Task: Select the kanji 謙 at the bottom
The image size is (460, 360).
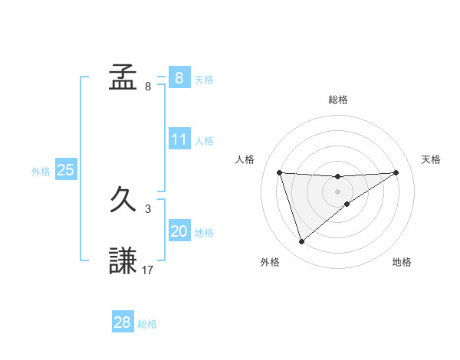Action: (123, 260)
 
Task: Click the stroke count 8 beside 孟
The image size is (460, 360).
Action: (148, 87)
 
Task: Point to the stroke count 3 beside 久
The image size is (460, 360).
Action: (148, 209)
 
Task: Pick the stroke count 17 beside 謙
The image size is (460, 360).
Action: (148, 270)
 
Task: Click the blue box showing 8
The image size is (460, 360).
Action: (179, 77)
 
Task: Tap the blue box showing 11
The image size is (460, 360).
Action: (179, 139)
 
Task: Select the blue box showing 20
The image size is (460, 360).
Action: (179, 231)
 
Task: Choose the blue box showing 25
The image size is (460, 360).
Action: (66, 170)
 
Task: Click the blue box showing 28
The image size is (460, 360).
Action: (123, 322)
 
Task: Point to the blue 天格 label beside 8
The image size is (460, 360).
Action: (203, 79)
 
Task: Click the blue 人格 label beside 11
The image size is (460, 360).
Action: (203, 141)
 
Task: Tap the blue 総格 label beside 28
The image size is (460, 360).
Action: (147, 324)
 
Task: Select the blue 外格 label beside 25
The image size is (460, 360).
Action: (41, 172)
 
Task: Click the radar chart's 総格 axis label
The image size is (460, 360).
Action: (338, 100)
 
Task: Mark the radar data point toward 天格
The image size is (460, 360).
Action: (396, 172)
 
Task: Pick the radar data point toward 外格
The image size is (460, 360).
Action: (302, 242)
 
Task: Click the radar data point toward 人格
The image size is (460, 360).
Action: (280, 172)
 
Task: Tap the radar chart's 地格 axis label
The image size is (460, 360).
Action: (402, 263)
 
